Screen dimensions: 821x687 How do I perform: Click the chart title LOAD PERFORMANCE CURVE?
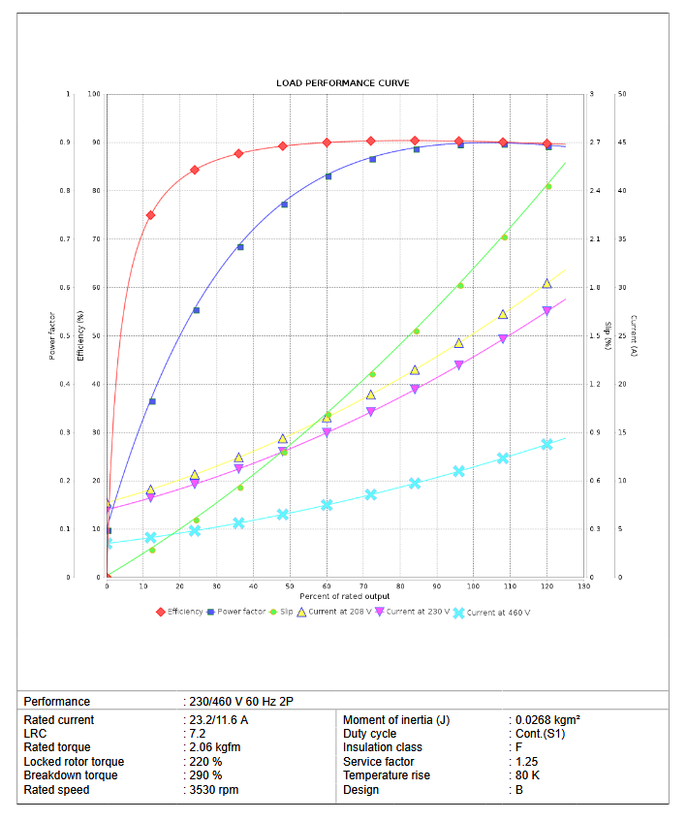pos(342,83)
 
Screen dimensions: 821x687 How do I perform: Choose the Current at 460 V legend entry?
pos(490,613)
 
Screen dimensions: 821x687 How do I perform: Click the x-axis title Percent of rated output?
pos(343,595)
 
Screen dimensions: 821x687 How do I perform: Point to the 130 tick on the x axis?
pos(583,586)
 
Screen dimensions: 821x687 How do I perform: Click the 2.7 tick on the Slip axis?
pos(594,142)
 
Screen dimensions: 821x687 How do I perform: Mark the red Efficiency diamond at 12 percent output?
pos(150,215)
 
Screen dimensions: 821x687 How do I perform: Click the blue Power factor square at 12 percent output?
pos(152,401)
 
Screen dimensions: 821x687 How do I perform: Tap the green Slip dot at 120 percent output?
pos(548,186)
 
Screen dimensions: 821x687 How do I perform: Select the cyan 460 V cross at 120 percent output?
pos(546,444)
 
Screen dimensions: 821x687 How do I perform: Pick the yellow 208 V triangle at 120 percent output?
pos(546,283)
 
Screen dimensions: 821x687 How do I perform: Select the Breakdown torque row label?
pos(71,775)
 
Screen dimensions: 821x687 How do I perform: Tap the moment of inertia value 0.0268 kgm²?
pos(547,720)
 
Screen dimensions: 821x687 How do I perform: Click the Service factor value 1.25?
pos(528,762)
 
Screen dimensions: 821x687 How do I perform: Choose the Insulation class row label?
pos(382,747)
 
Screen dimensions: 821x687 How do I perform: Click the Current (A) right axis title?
pos(632,336)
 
